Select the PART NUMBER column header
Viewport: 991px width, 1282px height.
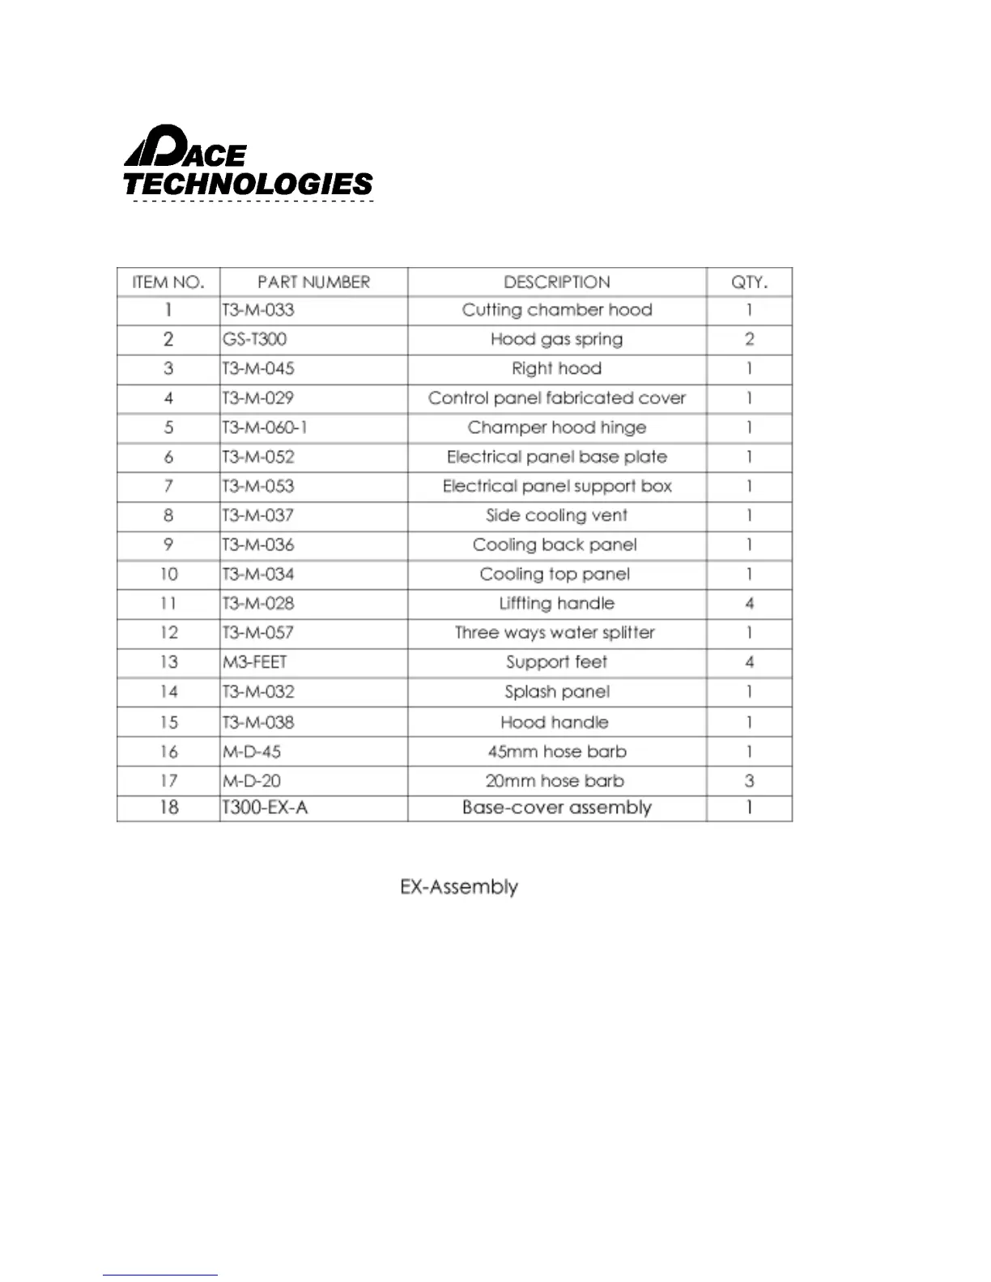(313, 282)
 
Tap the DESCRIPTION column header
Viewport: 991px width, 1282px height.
(556, 282)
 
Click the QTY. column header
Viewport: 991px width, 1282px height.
(749, 282)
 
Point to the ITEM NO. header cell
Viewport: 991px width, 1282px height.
(168, 282)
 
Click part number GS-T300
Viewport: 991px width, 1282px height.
(255, 339)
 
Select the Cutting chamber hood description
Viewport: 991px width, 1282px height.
(556, 310)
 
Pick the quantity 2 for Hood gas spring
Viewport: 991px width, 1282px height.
(749, 339)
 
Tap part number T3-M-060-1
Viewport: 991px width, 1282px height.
(265, 427)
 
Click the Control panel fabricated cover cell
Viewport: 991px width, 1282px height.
(556, 398)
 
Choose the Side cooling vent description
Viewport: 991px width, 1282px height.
(556, 516)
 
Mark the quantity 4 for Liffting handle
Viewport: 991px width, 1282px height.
(749, 604)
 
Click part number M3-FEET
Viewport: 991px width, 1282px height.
(255, 662)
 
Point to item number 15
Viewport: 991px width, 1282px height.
(168, 722)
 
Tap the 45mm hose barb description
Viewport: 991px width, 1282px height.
(556, 752)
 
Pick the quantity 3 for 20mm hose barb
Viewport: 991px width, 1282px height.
(749, 781)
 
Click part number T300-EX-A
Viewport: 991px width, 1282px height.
(266, 808)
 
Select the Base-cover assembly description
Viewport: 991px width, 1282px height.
(556, 808)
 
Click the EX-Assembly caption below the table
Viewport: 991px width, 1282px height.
(459, 887)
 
